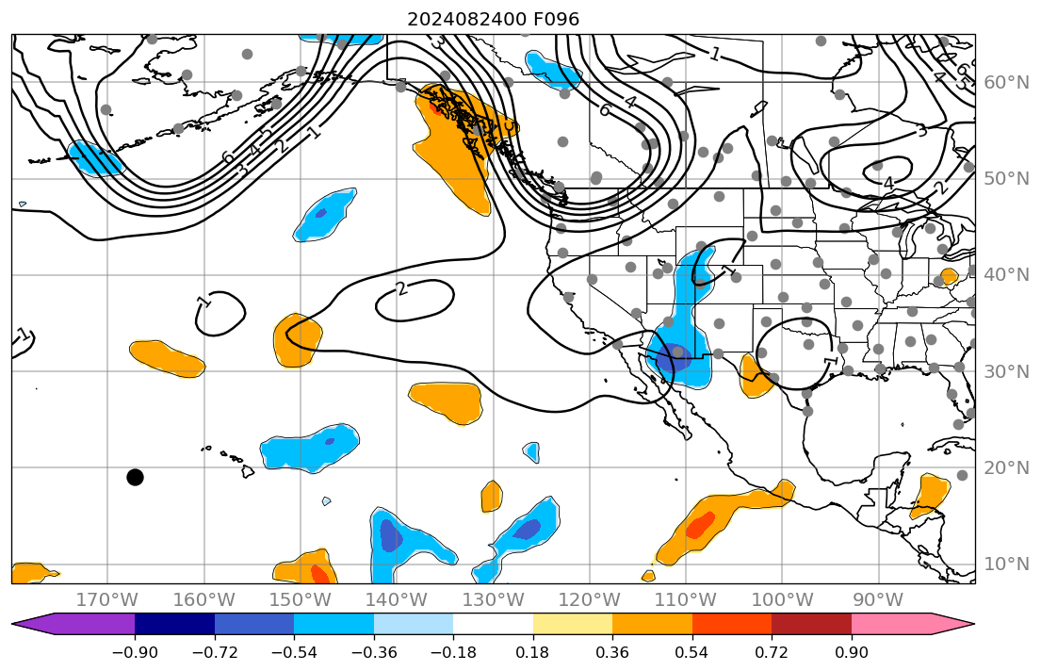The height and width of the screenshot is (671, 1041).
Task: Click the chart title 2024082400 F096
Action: [x=493, y=19]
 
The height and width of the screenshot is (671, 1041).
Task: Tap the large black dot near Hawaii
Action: [x=135, y=477]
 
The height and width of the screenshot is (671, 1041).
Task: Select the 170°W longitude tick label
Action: [x=107, y=599]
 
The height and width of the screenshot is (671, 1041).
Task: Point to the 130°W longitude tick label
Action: [x=493, y=599]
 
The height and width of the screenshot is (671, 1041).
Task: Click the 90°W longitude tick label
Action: [x=878, y=599]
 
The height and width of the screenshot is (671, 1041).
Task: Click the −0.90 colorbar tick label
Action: [x=135, y=653]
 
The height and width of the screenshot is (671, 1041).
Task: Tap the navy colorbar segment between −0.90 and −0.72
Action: [x=174, y=624]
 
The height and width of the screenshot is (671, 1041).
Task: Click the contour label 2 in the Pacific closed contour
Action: [x=401, y=288]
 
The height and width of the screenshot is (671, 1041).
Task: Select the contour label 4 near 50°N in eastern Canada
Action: [x=887, y=183]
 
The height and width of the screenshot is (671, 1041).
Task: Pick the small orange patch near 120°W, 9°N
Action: [x=648, y=575]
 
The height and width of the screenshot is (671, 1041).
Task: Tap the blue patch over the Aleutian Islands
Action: [x=95, y=158]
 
